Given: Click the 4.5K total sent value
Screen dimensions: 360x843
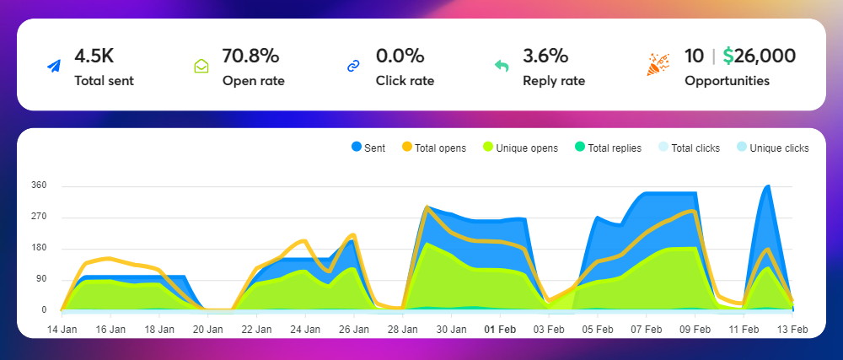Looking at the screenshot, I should [94, 57].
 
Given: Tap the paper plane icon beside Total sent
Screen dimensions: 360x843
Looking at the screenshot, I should [54, 67].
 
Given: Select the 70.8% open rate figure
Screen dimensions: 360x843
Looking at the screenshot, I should [250, 57].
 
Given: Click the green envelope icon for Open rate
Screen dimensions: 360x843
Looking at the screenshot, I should [201, 66].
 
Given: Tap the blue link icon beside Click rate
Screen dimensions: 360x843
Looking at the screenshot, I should [354, 67].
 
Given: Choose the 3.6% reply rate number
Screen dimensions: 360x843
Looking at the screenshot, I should [545, 57].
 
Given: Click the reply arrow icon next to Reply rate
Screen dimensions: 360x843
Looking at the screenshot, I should [501, 66].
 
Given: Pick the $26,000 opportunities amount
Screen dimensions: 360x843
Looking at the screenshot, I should [759, 57].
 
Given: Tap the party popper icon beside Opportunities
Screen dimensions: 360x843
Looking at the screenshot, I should [658, 63].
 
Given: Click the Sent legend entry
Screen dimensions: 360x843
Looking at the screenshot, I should [368, 148].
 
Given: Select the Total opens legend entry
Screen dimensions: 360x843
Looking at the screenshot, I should [433, 148].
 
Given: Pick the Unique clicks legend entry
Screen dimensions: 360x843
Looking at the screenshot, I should [772, 148].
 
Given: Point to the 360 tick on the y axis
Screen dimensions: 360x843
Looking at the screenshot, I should [39, 185].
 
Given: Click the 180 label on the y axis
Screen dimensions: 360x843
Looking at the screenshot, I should [39, 248].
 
